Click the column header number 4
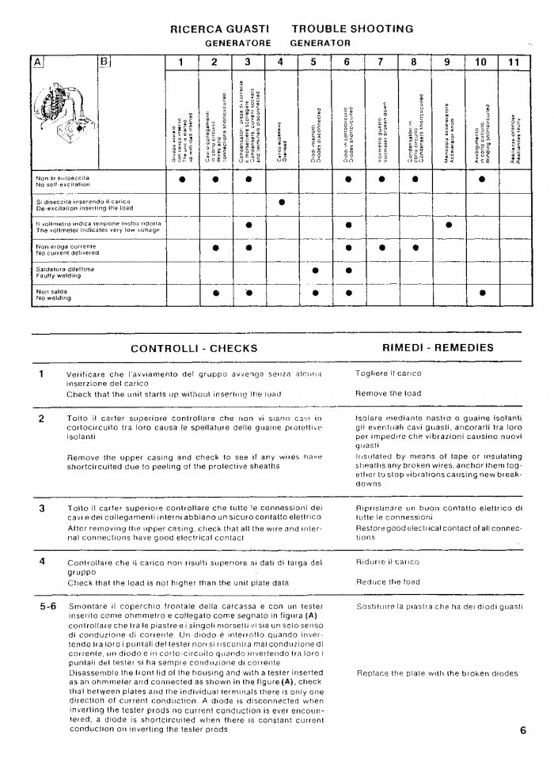click(x=281, y=62)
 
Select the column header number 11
click(x=514, y=62)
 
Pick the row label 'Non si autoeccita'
click(x=56, y=178)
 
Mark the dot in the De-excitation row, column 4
click(x=281, y=203)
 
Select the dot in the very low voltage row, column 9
click(x=449, y=225)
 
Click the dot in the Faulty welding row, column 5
click(x=315, y=271)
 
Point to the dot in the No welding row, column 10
click(x=482, y=293)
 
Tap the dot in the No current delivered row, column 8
click(x=415, y=248)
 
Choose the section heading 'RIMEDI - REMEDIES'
click(x=438, y=347)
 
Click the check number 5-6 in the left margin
click(x=47, y=607)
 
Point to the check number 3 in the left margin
click(x=41, y=507)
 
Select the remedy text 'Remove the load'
click(x=389, y=393)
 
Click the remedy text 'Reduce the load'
click(x=388, y=582)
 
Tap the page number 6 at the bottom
click(x=524, y=730)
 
